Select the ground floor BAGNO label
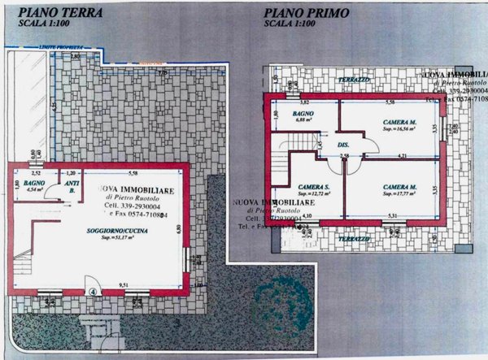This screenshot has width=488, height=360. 33,184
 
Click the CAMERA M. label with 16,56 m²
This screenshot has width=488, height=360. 399,121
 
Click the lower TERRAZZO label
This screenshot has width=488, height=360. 355,239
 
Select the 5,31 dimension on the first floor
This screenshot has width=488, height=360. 393,215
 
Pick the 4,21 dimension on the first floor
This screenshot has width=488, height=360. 401,154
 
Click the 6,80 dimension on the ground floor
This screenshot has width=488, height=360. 181,230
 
